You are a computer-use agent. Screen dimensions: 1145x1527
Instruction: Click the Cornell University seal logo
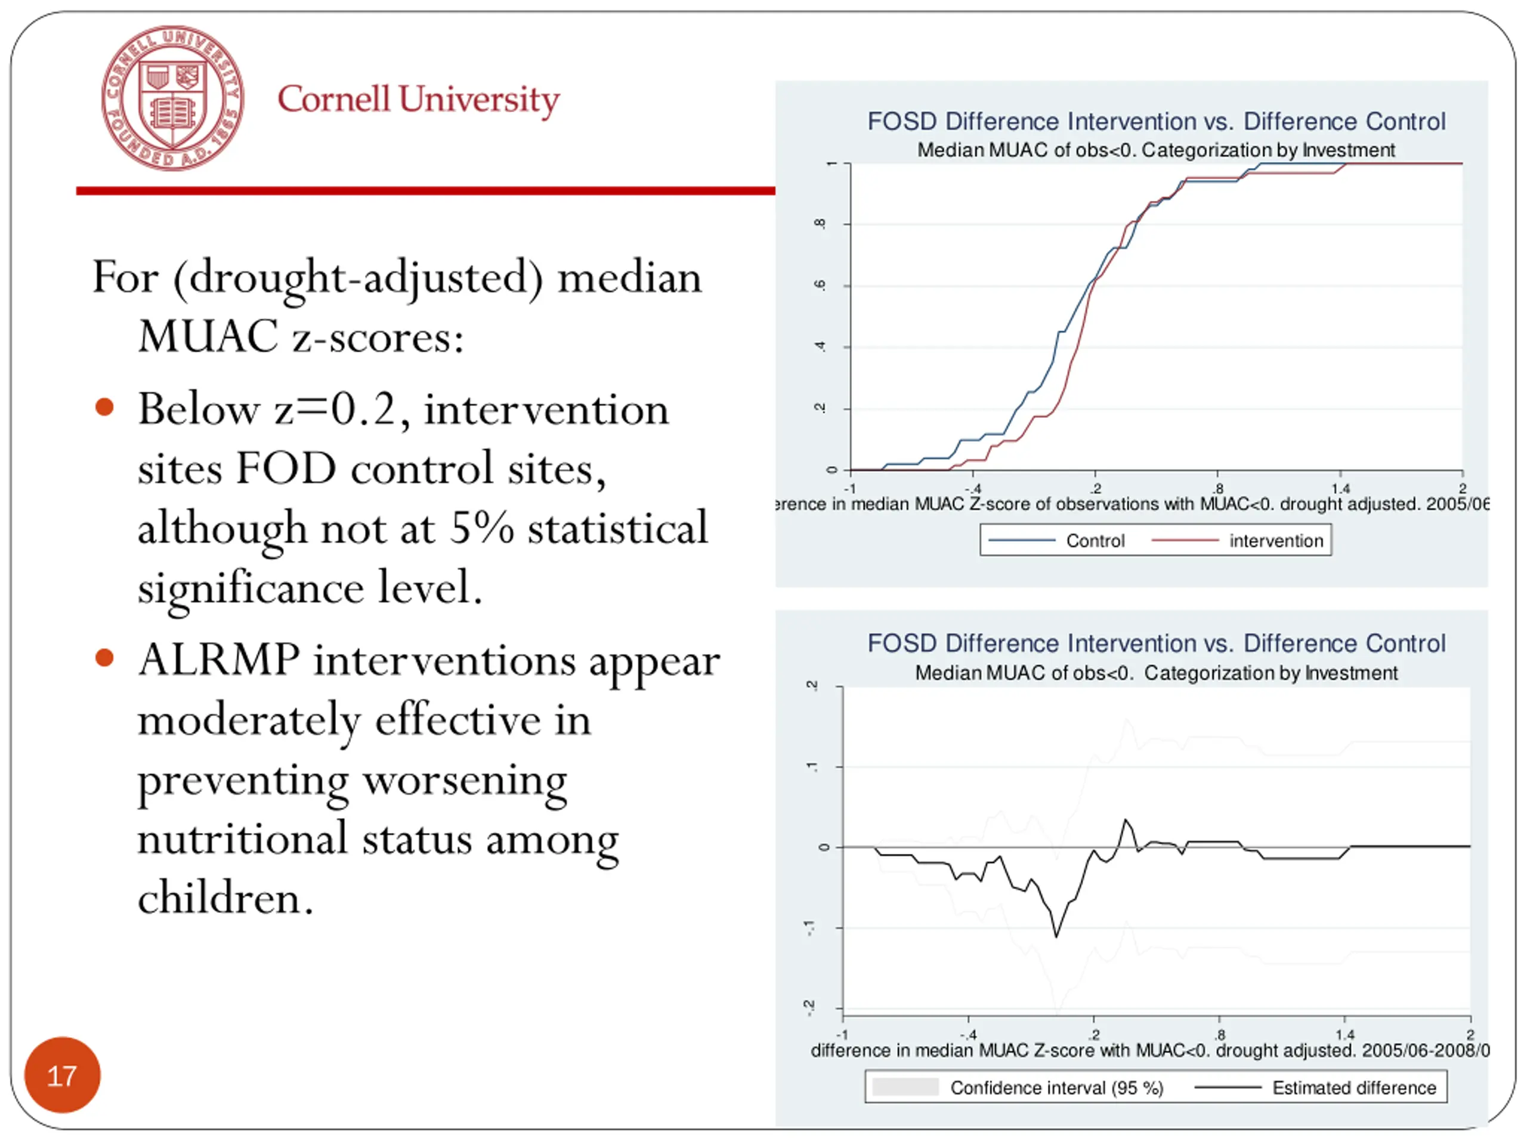coord(172,98)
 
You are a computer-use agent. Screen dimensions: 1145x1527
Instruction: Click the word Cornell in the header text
coord(334,100)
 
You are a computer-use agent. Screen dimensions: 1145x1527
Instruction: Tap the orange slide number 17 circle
coord(62,1075)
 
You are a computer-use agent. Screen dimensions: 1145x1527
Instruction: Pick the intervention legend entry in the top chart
coord(1276,541)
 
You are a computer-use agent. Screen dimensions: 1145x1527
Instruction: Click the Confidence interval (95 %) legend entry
coord(1056,1088)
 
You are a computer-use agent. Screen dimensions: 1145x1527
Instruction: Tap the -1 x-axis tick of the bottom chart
coord(842,1035)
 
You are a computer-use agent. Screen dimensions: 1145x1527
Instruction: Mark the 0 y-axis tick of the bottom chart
coord(824,847)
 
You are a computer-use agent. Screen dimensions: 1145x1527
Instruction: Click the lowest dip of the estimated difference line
coord(1056,936)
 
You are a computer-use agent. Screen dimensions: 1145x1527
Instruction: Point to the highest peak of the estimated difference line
coord(1126,820)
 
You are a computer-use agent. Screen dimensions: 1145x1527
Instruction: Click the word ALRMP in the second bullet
coord(219,660)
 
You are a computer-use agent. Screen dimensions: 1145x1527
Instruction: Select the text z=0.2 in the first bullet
coord(335,409)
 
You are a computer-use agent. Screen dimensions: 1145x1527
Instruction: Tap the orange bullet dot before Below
coord(104,407)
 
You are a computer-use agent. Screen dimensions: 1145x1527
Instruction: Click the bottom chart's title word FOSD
coord(901,643)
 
